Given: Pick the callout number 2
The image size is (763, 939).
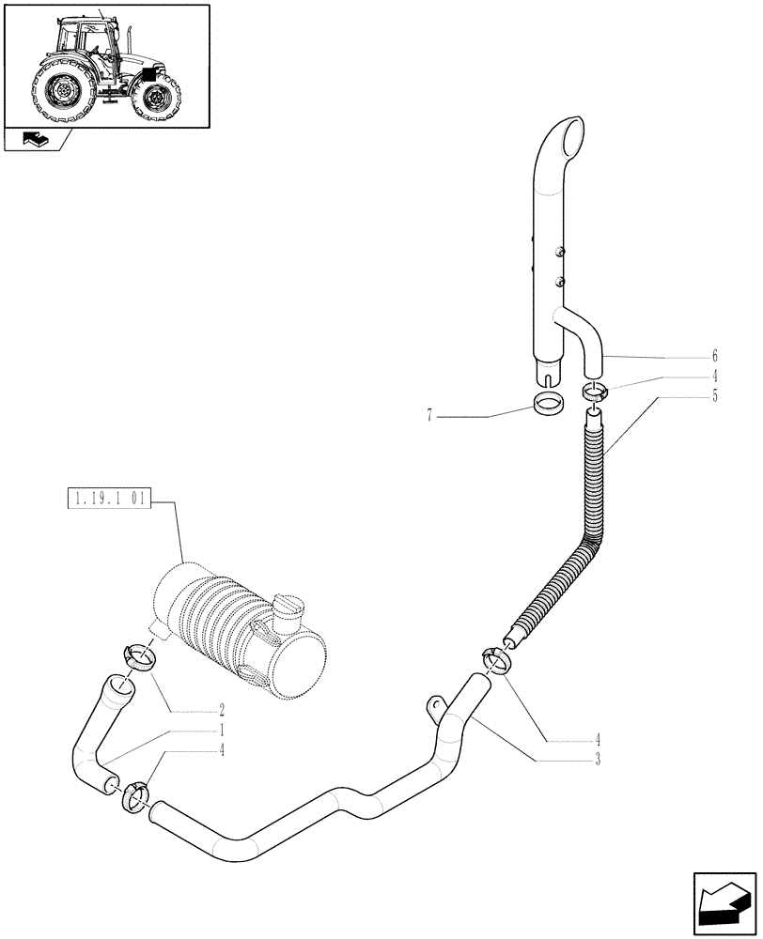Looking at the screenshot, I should [x=222, y=710].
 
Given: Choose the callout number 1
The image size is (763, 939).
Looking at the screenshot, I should [x=222, y=730].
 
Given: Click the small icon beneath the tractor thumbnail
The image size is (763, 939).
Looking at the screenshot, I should [x=33, y=141].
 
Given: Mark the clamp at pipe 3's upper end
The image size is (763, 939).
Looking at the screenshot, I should [x=498, y=660].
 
